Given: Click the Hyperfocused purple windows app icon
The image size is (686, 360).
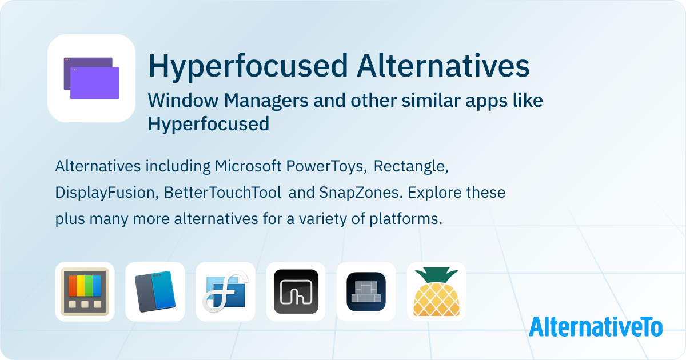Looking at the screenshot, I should click(x=91, y=78).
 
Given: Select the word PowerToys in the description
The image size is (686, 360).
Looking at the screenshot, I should click(x=328, y=166).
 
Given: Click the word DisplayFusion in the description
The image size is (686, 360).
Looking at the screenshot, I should click(x=105, y=193).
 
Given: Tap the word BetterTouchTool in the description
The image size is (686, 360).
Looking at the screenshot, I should click(x=222, y=193).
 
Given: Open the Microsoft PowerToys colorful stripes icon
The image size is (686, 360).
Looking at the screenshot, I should click(x=85, y=291).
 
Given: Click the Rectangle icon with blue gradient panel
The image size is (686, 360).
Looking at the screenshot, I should click(x=155, y=291).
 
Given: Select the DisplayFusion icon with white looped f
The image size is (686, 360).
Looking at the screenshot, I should click(x=225, y=291).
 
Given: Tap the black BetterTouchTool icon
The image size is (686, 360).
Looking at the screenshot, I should click(x=296, y=291).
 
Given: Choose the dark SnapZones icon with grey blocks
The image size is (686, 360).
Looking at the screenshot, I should click(x=366, y=291).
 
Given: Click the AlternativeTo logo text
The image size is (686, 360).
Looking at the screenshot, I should click(x=595, y=326).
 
